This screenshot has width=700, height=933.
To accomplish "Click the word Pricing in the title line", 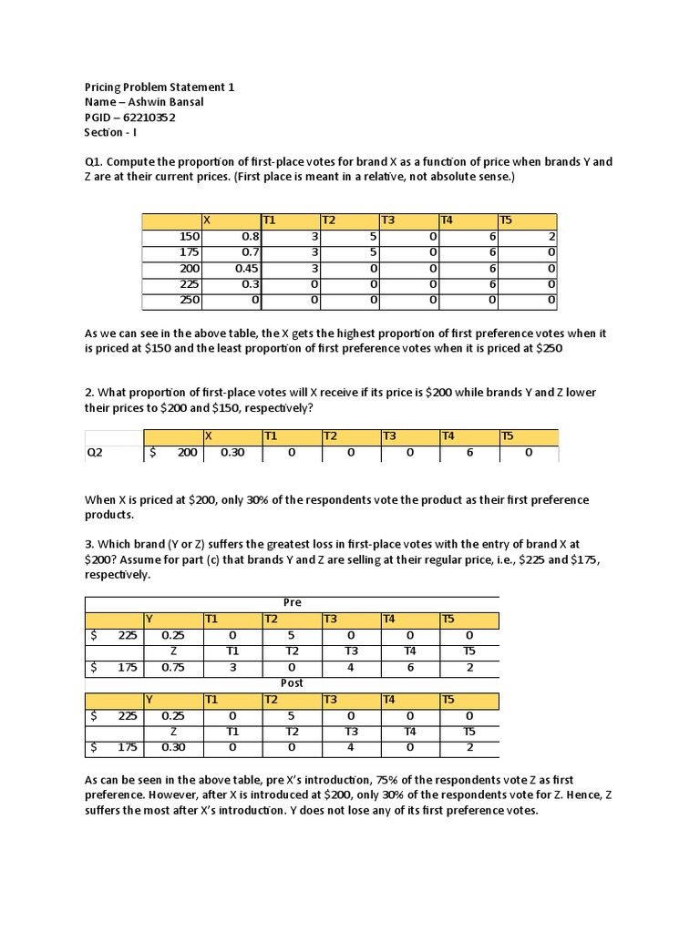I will pos(102,87).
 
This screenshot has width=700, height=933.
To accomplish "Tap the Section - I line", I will pos(108,133).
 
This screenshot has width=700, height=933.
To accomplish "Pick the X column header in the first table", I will pos(208,220).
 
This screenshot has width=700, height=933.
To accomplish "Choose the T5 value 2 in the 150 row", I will pos(551,236).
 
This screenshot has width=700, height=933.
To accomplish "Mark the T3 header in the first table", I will pos(388,220).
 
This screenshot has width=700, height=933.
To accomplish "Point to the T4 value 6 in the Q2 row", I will pos(470,451).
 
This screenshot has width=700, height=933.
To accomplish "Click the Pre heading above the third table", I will pos(293,602).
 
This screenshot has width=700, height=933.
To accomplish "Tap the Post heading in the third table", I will pos(293,682).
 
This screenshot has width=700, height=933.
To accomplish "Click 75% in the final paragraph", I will pos(435,781).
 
